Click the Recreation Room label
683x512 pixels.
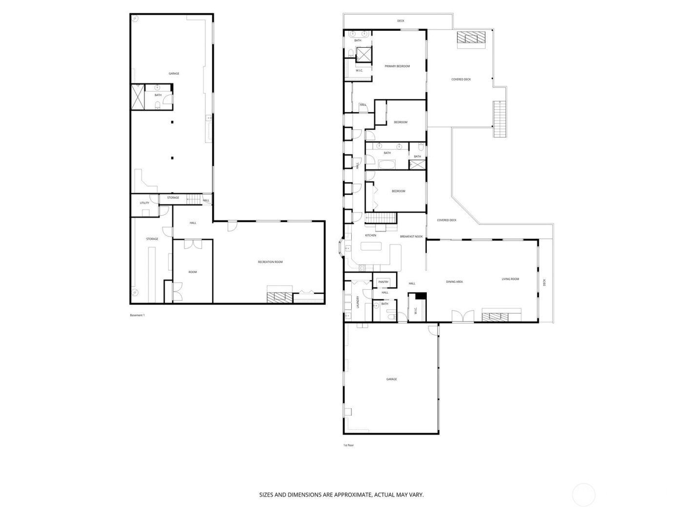click(x=270, y=262)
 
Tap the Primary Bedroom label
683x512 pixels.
click(x=397, y=66)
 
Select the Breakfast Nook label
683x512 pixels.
click(x=411, y=236)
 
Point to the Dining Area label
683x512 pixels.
click(x=454, y=282)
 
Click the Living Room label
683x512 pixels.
click(x=510, y=279)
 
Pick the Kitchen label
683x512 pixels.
click(x=371, y=236)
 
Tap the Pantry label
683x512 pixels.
click(x=383, y=282)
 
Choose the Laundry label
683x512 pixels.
click(x=358, y=302)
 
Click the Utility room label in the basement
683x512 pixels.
click(x=144, y=203)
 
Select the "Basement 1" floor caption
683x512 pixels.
click(x=137, y=315)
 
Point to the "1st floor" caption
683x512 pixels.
click(x=349, y=445)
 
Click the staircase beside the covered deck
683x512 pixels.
click(x=499, y=119)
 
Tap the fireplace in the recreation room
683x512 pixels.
click(x=279, y=297)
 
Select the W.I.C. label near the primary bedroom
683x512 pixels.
click(x=360, y=71)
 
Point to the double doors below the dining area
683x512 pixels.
click(x=462, y=316)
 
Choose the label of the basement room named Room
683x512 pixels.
click(x=193, y=272)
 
